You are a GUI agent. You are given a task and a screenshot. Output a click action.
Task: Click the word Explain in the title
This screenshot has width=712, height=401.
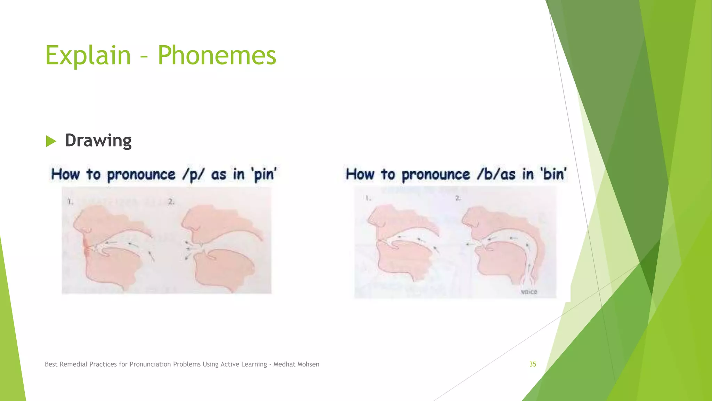click(88, 55)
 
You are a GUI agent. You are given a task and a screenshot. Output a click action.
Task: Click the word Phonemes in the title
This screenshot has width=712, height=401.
click(217, 55)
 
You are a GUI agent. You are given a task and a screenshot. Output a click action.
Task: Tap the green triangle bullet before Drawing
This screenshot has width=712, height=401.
click(51, 141)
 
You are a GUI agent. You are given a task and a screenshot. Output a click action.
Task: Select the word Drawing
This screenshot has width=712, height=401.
click(98, 140)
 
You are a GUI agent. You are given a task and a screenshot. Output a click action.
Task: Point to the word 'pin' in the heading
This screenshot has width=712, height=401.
click(265, 174)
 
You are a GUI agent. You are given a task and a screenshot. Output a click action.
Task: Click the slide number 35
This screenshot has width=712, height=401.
click(533, 364)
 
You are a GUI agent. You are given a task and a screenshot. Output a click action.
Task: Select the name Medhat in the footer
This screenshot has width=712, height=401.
click(284, 364)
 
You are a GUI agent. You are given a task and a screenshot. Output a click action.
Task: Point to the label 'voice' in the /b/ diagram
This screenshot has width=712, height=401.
click(529, 292)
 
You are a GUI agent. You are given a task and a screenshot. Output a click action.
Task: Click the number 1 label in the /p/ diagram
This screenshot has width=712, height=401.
click(70, 202)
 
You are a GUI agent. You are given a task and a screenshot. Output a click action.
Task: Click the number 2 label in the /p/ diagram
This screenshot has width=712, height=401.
click(171, 202)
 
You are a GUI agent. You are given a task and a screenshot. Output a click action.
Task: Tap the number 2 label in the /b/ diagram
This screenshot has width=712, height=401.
click(458, 198)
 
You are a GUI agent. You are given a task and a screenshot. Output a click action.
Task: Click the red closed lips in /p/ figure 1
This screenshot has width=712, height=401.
click(86, 248)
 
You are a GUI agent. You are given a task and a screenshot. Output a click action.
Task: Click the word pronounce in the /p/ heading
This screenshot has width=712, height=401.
click(141, 174)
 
